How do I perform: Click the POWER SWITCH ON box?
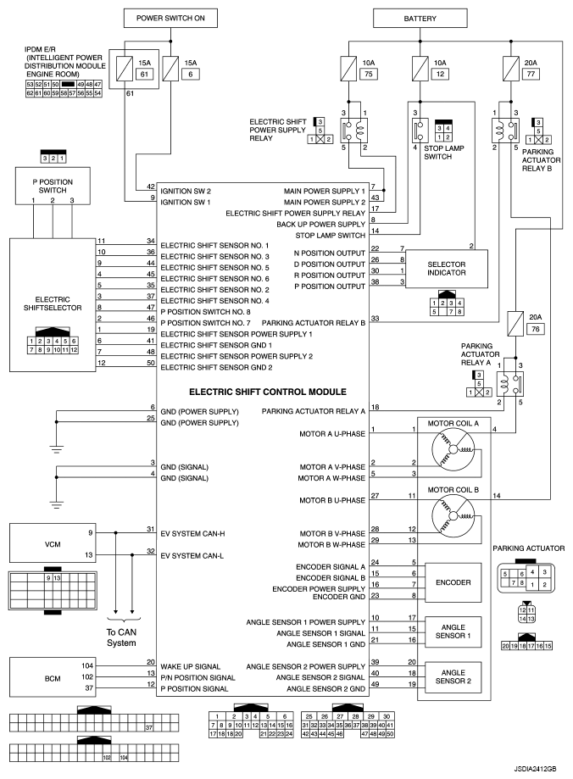[x=170, y=19]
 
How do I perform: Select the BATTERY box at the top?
[x=420, y=19]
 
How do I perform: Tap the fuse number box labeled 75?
[x=368, y=74]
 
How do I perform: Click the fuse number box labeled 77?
[x=531, y=74]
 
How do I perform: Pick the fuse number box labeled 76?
[x=535, y=328]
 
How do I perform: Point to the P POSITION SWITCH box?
[x=53, y=186]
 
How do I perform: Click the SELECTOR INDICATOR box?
[x=447, y=268]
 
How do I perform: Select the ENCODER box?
[x=453, y=582]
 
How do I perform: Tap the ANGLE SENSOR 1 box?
[x=453, y=632]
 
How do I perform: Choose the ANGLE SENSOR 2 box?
[x=453, y=677]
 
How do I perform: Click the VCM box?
[x=53, y=544]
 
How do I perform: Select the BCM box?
[x=53, y=677]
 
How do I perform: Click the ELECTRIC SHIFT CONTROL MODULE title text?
[x=268, y=392]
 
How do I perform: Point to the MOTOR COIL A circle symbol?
[x=453, y=450]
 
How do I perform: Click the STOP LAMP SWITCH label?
[x=443, y=153]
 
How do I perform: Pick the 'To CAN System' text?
[x=121, y=637]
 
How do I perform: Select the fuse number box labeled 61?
[x=144, y=74]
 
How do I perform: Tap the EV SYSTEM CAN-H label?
[x=192, y=533]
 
